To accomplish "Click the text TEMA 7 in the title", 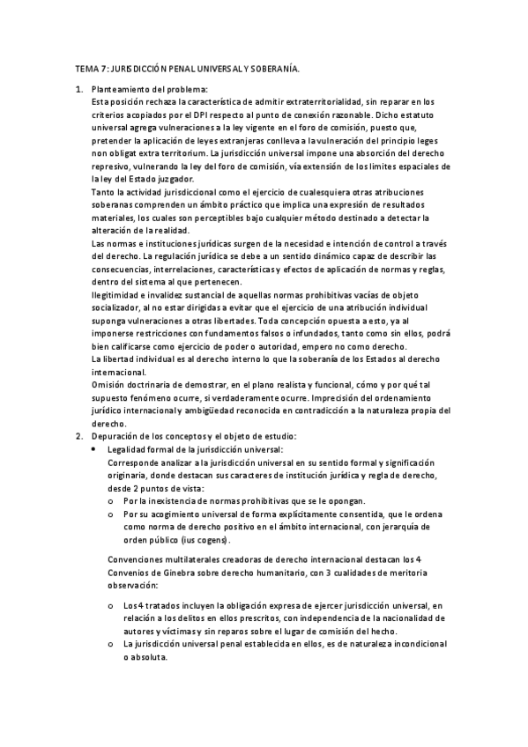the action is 87,67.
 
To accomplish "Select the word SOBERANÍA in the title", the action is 274,67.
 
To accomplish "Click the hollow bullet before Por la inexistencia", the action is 110,499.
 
